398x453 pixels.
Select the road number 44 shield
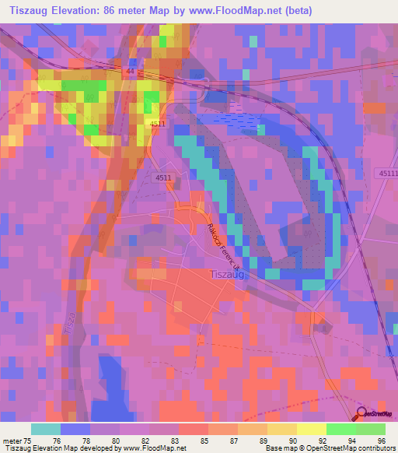point(130,71)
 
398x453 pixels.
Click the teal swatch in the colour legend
point(46,429)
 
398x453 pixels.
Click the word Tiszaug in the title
point(32,10)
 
